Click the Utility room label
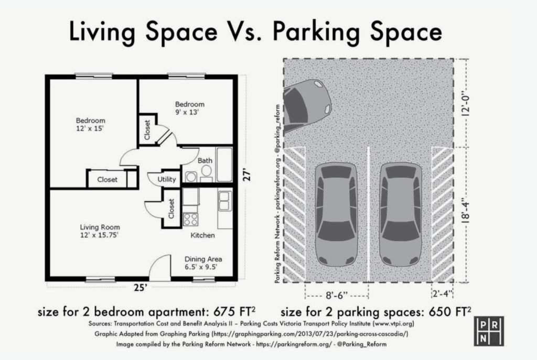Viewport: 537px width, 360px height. (x=166, y=179)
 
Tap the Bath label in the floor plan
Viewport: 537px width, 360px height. (x=205, y=160)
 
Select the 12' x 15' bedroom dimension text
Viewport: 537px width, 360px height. (x=90, y=129)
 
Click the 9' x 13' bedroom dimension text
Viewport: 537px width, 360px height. (x=187, y=112)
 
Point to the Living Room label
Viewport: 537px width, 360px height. (x=100, y=227)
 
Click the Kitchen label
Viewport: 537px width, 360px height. (x=202, y=235)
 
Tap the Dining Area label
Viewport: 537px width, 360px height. (x=203, y=259)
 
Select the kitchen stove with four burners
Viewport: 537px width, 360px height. (x=190, y=220)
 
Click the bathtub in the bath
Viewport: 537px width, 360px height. (x=224, y=165)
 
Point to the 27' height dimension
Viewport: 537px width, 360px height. (x=248, y=174)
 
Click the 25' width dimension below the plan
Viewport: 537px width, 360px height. (x=141, y=288)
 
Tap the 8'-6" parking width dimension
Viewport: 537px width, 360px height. (x=336, y=296)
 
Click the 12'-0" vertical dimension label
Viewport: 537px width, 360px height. (x=465, y=104)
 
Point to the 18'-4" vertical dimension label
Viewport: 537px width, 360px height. (x=465, y=211)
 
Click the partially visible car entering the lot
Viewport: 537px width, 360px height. (x=307, y=105)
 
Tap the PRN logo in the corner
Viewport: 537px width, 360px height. (x=489, y=331)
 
